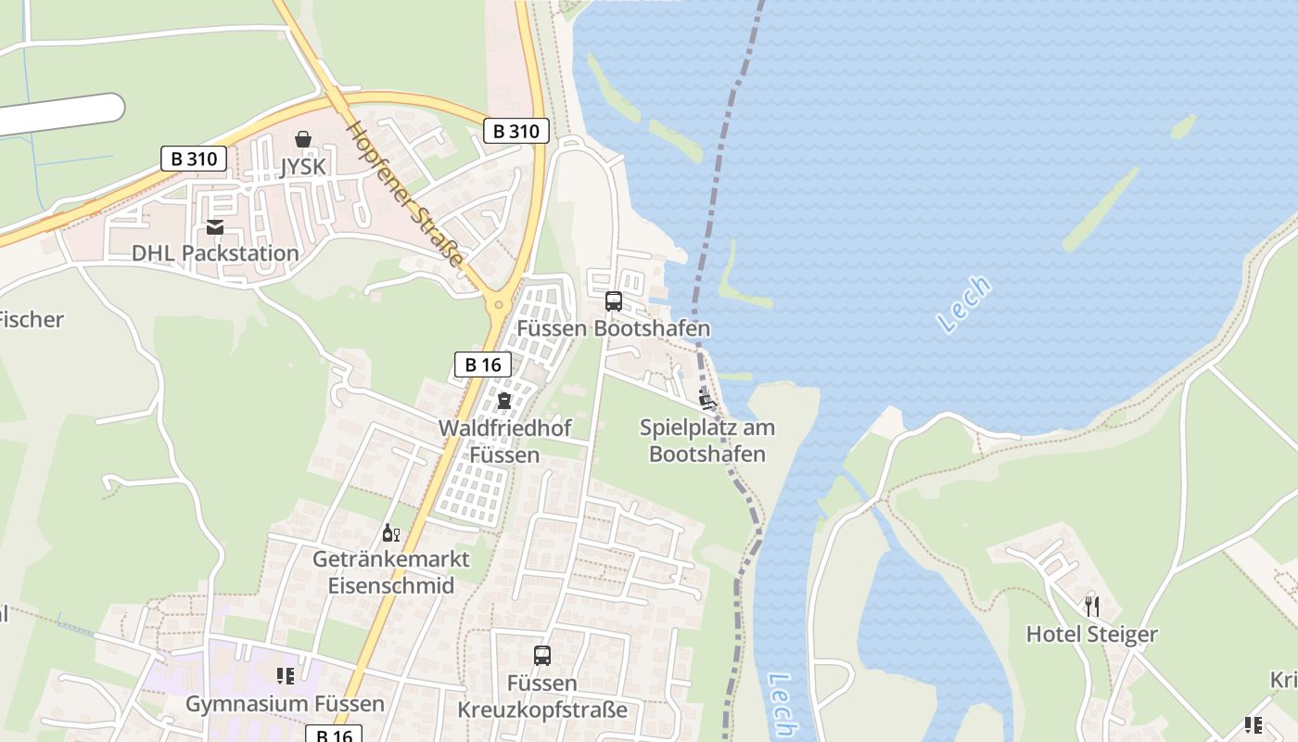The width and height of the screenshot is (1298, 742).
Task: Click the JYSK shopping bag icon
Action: click(302, 140)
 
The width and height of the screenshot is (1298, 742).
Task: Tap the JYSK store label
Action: click(302, 166)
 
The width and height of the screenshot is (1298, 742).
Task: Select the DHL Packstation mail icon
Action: click(215, 227)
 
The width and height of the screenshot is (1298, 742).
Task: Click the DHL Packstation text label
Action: click(215, 253)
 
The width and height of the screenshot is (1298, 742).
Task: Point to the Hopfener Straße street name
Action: click(404, 195)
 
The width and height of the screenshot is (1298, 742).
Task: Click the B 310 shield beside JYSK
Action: click(194, 159)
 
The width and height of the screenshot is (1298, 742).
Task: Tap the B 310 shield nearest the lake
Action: click(516, 131)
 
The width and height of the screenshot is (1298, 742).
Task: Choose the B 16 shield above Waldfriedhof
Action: click(483, 365)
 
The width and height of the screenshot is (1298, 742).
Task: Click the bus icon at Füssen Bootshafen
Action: click(613, 301)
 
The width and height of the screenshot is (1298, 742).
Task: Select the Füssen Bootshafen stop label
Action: click(613, 328)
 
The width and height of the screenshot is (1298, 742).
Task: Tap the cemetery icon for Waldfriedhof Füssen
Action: click(503, 401)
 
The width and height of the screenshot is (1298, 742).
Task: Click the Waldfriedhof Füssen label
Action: click(504, 441)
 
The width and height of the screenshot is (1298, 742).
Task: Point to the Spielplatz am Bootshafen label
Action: click(707, 441)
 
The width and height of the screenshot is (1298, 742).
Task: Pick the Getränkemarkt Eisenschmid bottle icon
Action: click(390, 533)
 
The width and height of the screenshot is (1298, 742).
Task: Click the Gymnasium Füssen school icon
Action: click(285, 676)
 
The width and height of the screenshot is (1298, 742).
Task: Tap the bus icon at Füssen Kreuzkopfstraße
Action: click(542, 656)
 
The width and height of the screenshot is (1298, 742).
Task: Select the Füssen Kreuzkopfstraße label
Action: click(542, 697)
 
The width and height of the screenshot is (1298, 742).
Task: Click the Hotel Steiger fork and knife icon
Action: click(1092, 607)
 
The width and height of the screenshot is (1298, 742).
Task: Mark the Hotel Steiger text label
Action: click(1091, 634)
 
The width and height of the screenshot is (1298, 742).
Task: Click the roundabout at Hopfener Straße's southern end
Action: click(499, 303)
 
